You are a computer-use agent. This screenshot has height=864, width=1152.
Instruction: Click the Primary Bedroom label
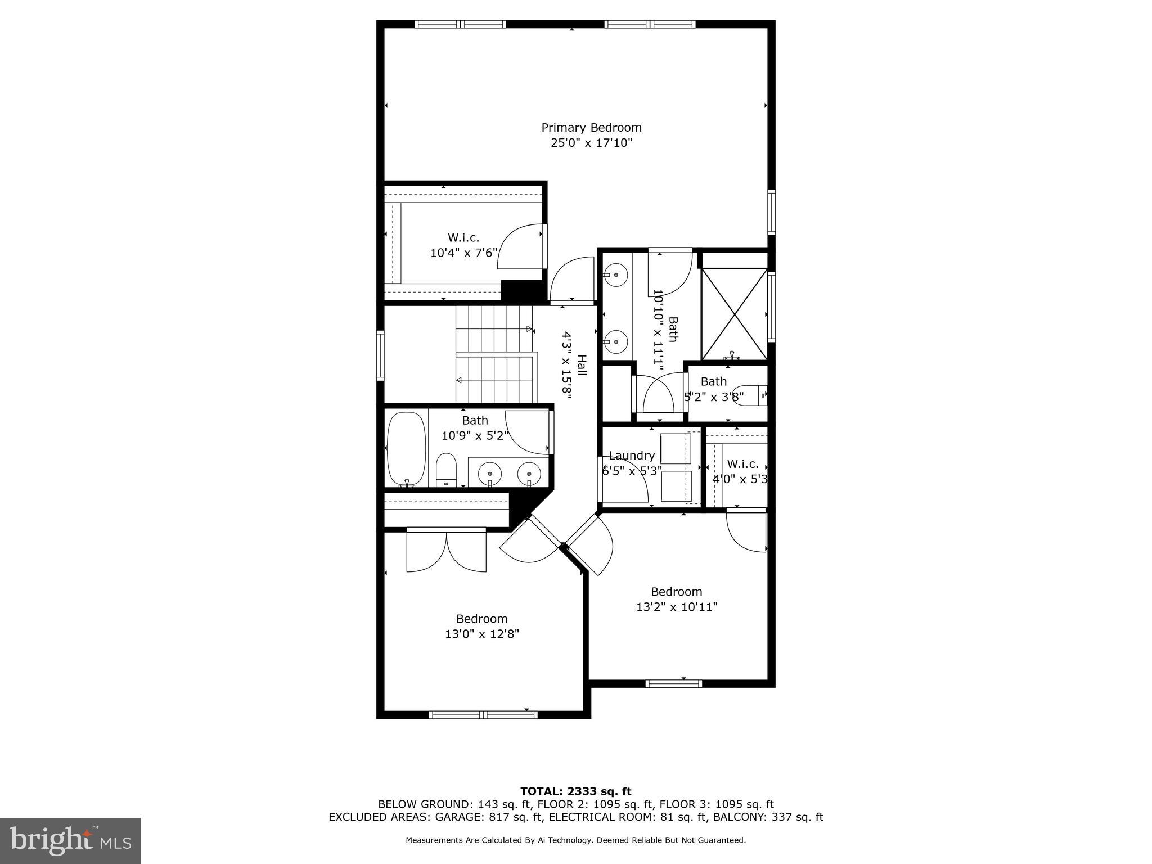tap(591, 128)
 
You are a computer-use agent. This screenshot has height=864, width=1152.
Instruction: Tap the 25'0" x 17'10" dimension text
tap(591, 143)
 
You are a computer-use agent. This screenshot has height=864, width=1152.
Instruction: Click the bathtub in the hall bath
tap(406, 449)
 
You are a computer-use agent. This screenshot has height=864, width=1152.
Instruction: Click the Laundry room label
tap(632, 456)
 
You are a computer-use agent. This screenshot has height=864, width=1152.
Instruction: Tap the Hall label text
tap(582, 366)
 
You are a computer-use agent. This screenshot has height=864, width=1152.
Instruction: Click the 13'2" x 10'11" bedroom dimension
tap(677, 607)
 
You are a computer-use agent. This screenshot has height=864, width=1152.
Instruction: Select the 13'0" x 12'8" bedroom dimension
tap(481, 634)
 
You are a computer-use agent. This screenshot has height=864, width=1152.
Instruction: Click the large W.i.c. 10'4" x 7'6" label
tap(463, 245)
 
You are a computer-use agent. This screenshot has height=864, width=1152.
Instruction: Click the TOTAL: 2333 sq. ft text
tap(575, 792)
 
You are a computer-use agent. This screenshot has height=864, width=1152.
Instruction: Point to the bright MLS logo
tap(70, 841)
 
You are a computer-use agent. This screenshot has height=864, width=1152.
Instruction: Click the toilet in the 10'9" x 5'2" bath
tap(446, 469)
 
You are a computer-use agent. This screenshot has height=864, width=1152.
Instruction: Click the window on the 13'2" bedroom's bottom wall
tap(673, 683)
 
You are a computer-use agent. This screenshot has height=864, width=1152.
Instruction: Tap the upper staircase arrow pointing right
tap(529, 328)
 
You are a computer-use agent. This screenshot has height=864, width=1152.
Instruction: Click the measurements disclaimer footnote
tap(575, 840)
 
